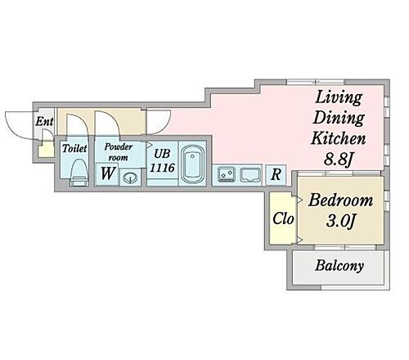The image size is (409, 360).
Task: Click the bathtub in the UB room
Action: [x=193, y=164]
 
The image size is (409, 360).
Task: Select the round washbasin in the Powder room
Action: [x=130, y=178]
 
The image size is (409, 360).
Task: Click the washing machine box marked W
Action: [x=107, y=174]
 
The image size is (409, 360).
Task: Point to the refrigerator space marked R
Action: [x=276, y=174]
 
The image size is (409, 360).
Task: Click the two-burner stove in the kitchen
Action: [x=227, y=174]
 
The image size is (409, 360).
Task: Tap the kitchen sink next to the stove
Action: [x=250, y=175]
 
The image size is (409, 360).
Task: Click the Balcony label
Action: [x=339, y=266]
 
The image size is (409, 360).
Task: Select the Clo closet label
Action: [x=283, y=218]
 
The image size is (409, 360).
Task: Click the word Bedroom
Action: [x=340, y=200]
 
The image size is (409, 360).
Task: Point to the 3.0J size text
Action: [x=340, y=221]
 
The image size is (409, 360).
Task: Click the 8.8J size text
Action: [x=338, y=159]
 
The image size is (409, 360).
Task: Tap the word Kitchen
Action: [x=338, y=138]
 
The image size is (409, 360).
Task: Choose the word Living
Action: [x=339, y=97]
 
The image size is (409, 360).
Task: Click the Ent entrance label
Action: [x=44, y=121]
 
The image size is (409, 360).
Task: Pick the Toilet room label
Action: [x=74, y=148]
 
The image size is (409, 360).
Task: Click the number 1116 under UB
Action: [x=162, y=168]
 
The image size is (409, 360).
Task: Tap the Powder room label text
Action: [x=119, y=152]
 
